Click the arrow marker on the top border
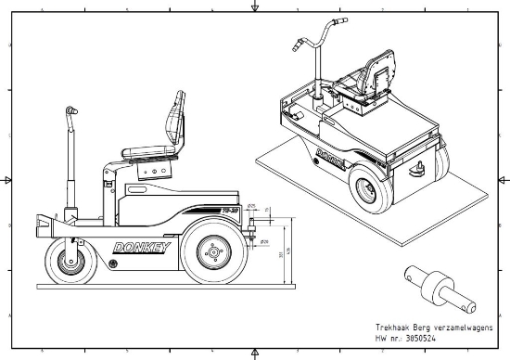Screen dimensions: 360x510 (x=255, y=6)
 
